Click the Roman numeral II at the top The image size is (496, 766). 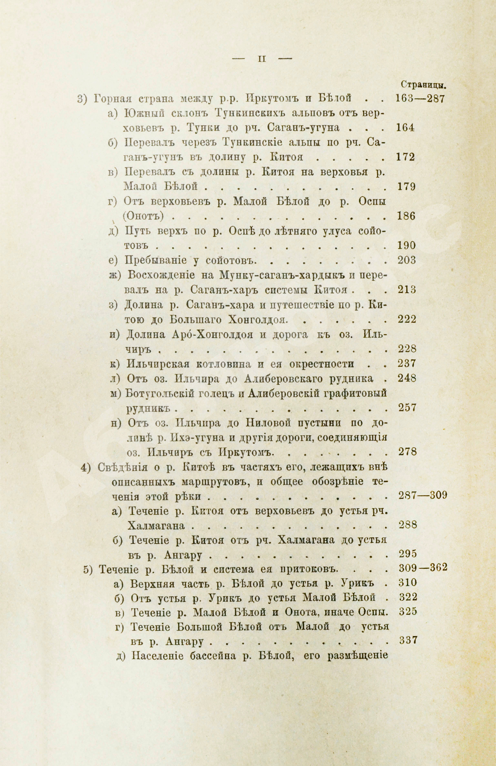click(x=262, y=59)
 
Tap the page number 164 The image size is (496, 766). click(x=405, y=128)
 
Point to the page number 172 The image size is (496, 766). click(x=405, y=157)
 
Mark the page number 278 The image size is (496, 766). click(x=407, y=452)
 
